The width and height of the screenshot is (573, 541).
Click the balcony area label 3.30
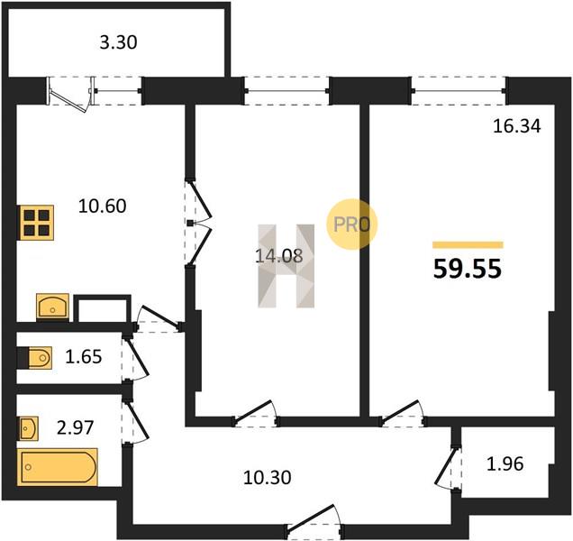(x=118, y=42)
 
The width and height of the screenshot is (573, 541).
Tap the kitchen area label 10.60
(x=103, y=206)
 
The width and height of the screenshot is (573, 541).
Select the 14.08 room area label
(x=278, y=256)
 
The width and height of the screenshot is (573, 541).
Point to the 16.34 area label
(x=517, y=126)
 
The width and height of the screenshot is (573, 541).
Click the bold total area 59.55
(x=468, y=270)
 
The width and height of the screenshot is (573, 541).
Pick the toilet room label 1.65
(x=84, y=357)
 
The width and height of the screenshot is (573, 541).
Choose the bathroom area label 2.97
(x=76, y=427)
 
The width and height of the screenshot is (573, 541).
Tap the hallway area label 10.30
(x=268, y=478)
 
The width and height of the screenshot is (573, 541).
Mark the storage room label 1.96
(x=505, y=463)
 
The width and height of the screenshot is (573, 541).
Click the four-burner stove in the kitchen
(x=37, y=223)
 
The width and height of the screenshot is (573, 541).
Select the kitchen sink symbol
(x=52, y=307)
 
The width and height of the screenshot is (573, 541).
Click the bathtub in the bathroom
(x=59, y=467)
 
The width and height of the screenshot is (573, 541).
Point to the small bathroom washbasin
(x=29, y=428)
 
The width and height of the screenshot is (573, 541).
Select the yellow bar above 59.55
(x=468, y=245)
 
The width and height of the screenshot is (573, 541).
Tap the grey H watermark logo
(x=286, y=266)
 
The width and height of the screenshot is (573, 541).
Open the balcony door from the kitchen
(x=69, y=93)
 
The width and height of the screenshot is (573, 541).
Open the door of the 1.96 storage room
(x=448, y=468)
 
